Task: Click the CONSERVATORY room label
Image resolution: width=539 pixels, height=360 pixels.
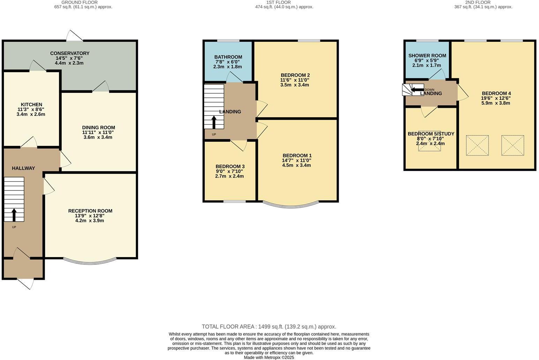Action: [x=69, y=53]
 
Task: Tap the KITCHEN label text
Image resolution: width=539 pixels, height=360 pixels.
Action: [x=31, y=105]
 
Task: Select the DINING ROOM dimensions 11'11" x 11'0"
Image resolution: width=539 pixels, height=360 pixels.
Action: [x=98, y=133]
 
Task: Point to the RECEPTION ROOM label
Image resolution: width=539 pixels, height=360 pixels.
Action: [x=90, y=211]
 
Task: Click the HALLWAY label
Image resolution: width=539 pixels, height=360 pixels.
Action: [x=23, y=168]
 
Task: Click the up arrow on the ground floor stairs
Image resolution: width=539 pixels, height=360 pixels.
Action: [x=14, y=215]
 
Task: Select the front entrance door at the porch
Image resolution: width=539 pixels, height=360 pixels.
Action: [x=26, y=283]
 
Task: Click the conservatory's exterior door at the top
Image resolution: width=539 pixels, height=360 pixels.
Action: [x=75, y=36]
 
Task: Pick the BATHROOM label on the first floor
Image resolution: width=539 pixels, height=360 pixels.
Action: [x=228, y=57]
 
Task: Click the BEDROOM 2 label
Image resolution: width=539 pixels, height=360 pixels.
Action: [x=295, y=75]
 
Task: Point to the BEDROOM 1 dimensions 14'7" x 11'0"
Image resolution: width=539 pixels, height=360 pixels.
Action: [x=297, y=160]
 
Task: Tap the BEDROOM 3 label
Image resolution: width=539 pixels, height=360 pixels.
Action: [x=230, y=166]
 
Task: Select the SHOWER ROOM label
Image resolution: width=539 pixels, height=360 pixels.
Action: [x=427, y=55]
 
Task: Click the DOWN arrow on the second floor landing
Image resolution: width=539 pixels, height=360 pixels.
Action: [x=416, y=90]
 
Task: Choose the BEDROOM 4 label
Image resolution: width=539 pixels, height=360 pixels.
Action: [x=496, y=93]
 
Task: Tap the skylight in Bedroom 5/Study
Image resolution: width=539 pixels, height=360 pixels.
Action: [x=429, y=141]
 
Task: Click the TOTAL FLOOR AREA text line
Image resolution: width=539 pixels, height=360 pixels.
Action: [x=269, y=327]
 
